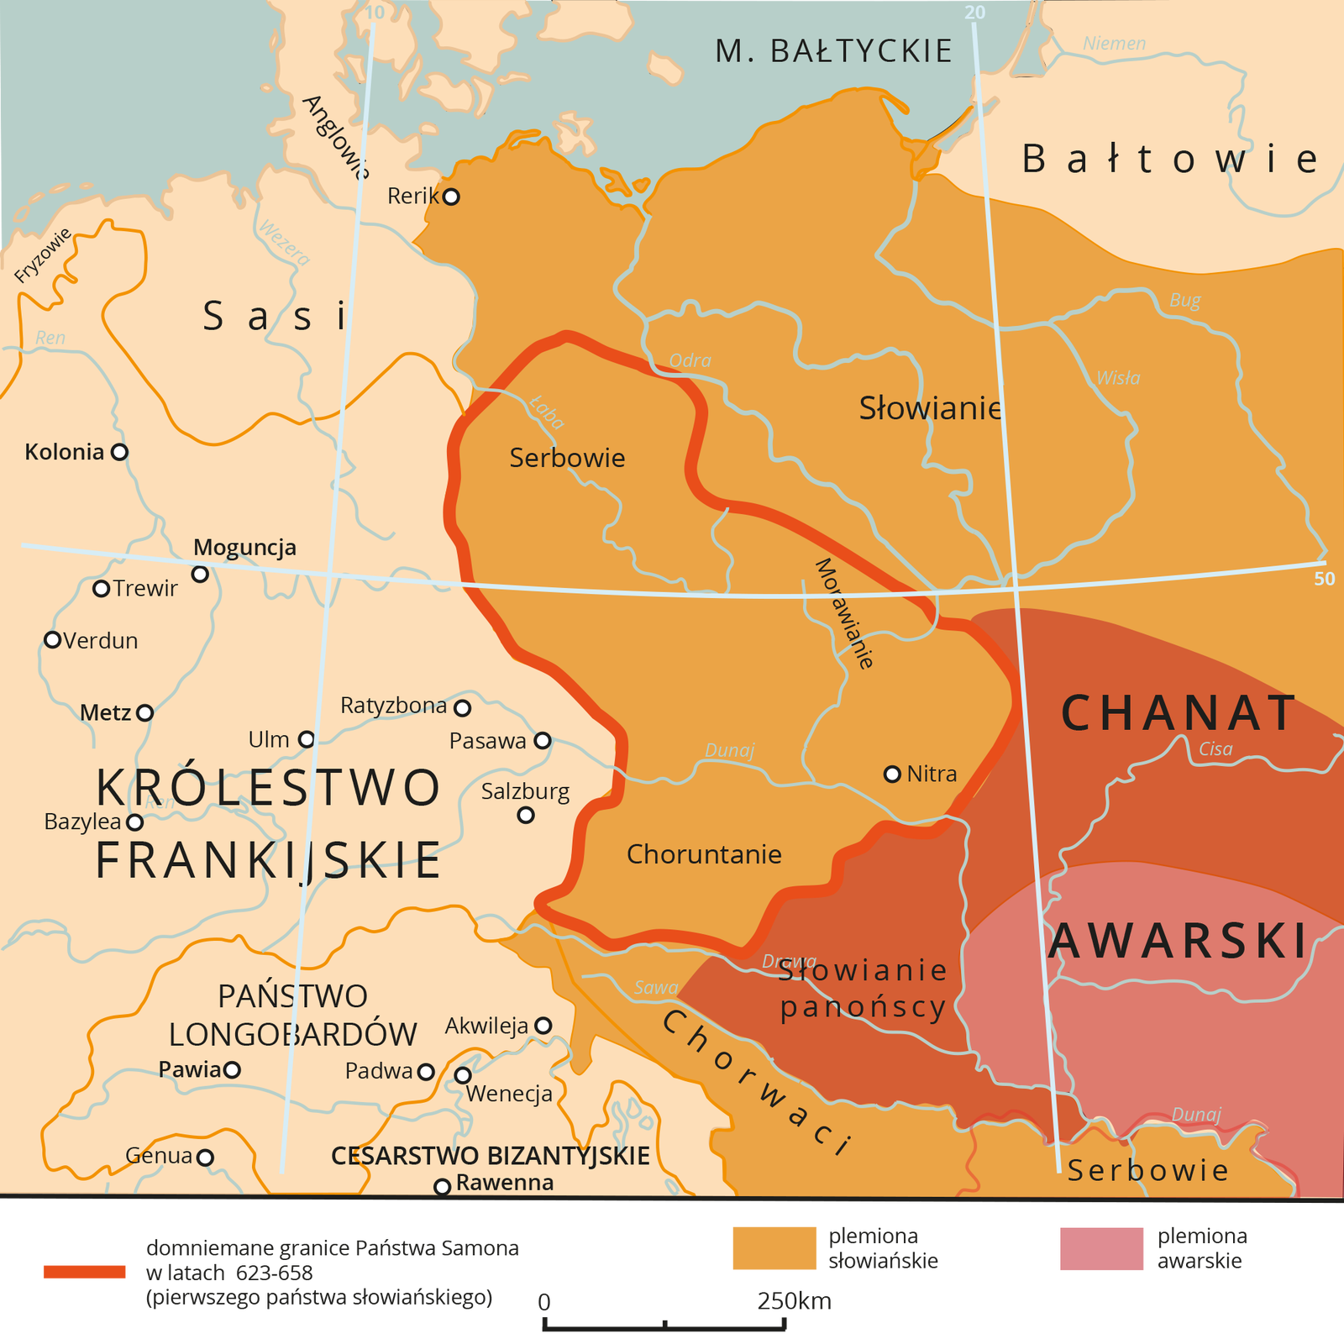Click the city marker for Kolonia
[119, 452]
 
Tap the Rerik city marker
[451, 197]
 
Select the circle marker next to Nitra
[892, 774]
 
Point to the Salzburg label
[525, 791]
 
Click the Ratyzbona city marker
[462, 708]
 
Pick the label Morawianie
[844, 613]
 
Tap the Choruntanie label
[704, 854]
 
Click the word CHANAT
[1179, 713]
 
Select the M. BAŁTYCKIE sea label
[833, 51]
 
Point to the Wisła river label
[1118, 378]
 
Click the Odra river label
[690, 360]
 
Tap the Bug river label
[1184, 300]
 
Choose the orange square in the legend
[774, 1248]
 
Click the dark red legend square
[1101, 1248]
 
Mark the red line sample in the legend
[84, 1272]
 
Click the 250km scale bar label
[793, 1301]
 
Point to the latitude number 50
[1324, 579]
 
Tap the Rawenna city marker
[442, 1186]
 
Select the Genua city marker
[205, 1158]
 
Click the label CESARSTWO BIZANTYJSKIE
[491, 1156]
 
